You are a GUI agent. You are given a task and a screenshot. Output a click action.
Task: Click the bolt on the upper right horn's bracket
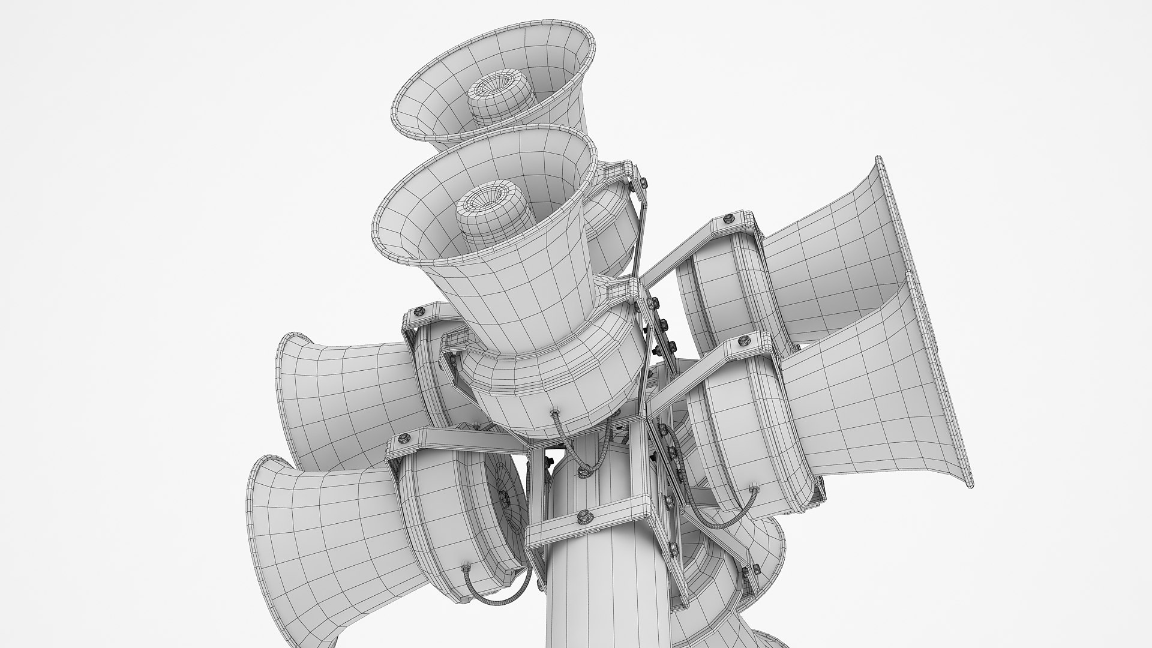tap(730, 216)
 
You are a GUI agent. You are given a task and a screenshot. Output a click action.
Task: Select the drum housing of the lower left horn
tap(456, 516)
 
